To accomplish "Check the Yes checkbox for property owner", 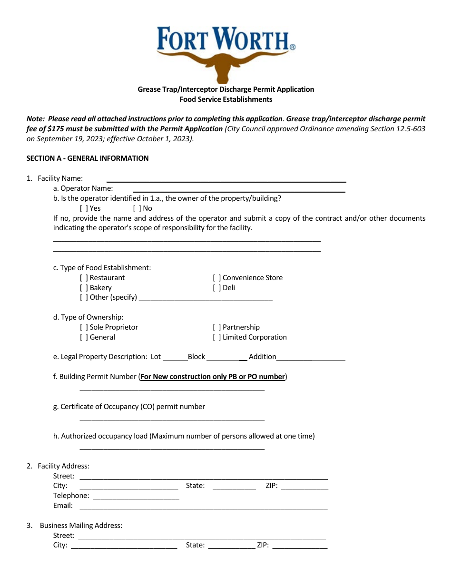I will (84, 208).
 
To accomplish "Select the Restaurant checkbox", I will (84, 278).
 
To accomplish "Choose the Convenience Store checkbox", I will (216, 278).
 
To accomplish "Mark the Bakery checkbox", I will (84, 288).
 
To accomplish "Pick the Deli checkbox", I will (216, 288).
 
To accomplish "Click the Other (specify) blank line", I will (205, 298).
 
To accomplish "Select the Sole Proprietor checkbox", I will (84, 327).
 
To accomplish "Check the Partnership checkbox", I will (216, 327).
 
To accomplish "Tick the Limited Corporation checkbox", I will (216, 337).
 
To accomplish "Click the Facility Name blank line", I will (226, 179).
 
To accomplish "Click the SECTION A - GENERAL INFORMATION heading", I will (88, 158).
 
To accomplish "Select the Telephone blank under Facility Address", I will (136, 496).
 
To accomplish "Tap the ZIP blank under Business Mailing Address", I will (300, 546).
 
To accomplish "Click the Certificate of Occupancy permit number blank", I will (172, 417).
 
